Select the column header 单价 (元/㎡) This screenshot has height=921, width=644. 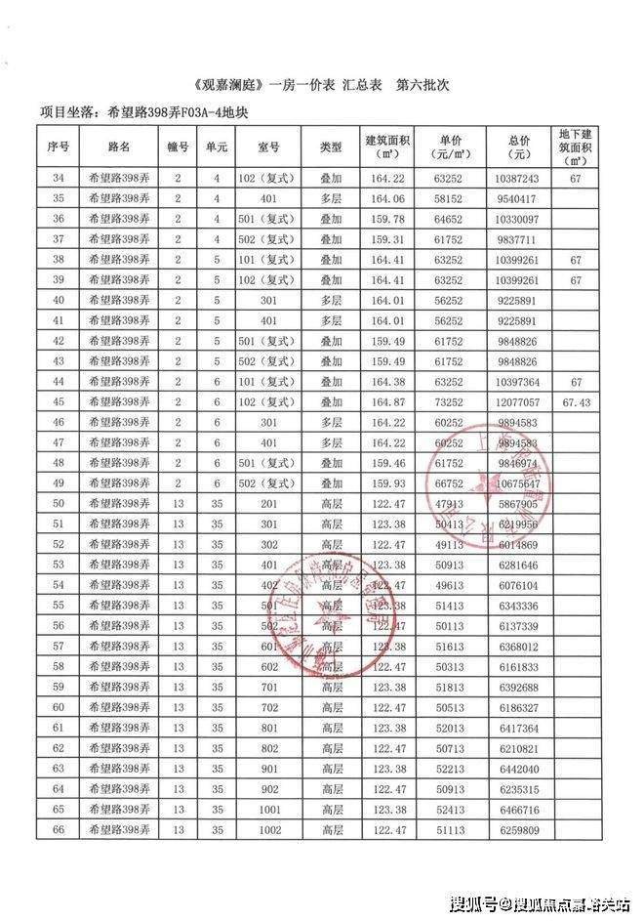(x=449, y=147)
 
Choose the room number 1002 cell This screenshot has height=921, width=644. (x=267, y=829)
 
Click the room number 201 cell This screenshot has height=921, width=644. (x=267, y=504)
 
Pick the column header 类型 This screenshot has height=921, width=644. (x=330, y=147)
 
